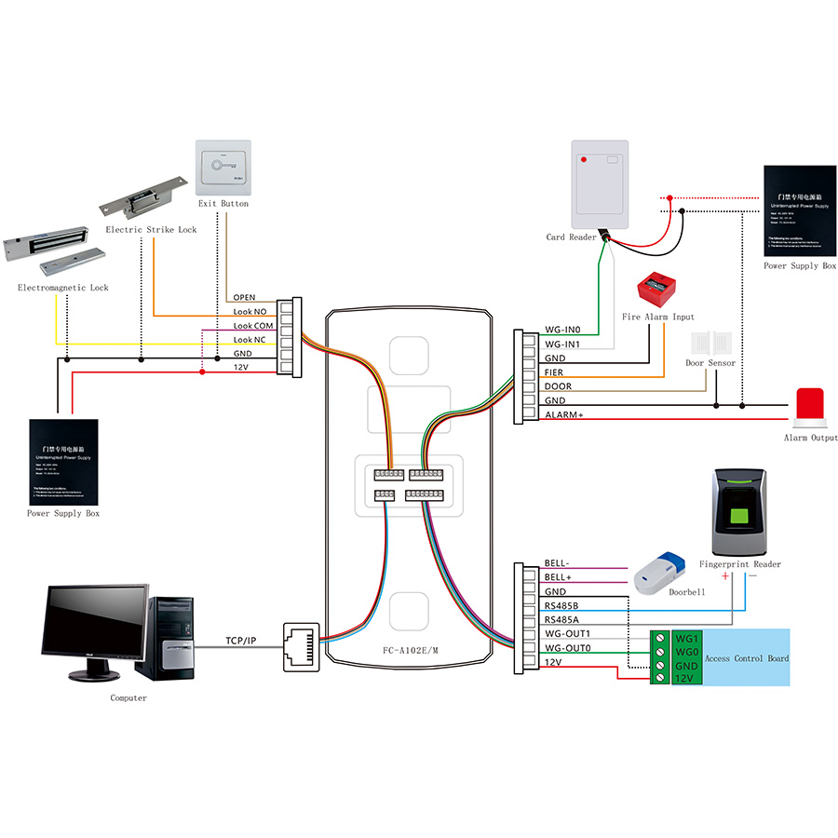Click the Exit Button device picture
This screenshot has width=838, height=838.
tap(223, 168)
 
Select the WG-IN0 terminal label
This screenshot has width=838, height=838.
tap(561, 330)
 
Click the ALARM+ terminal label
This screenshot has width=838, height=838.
tap(563, 414)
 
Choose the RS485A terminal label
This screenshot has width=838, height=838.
tap(562, 619)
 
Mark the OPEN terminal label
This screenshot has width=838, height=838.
tap(244, 298)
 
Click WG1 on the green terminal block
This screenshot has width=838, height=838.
tap(686, 639)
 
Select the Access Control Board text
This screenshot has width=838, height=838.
tap(747, 658)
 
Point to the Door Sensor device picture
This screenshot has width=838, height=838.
tap(710, 342)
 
